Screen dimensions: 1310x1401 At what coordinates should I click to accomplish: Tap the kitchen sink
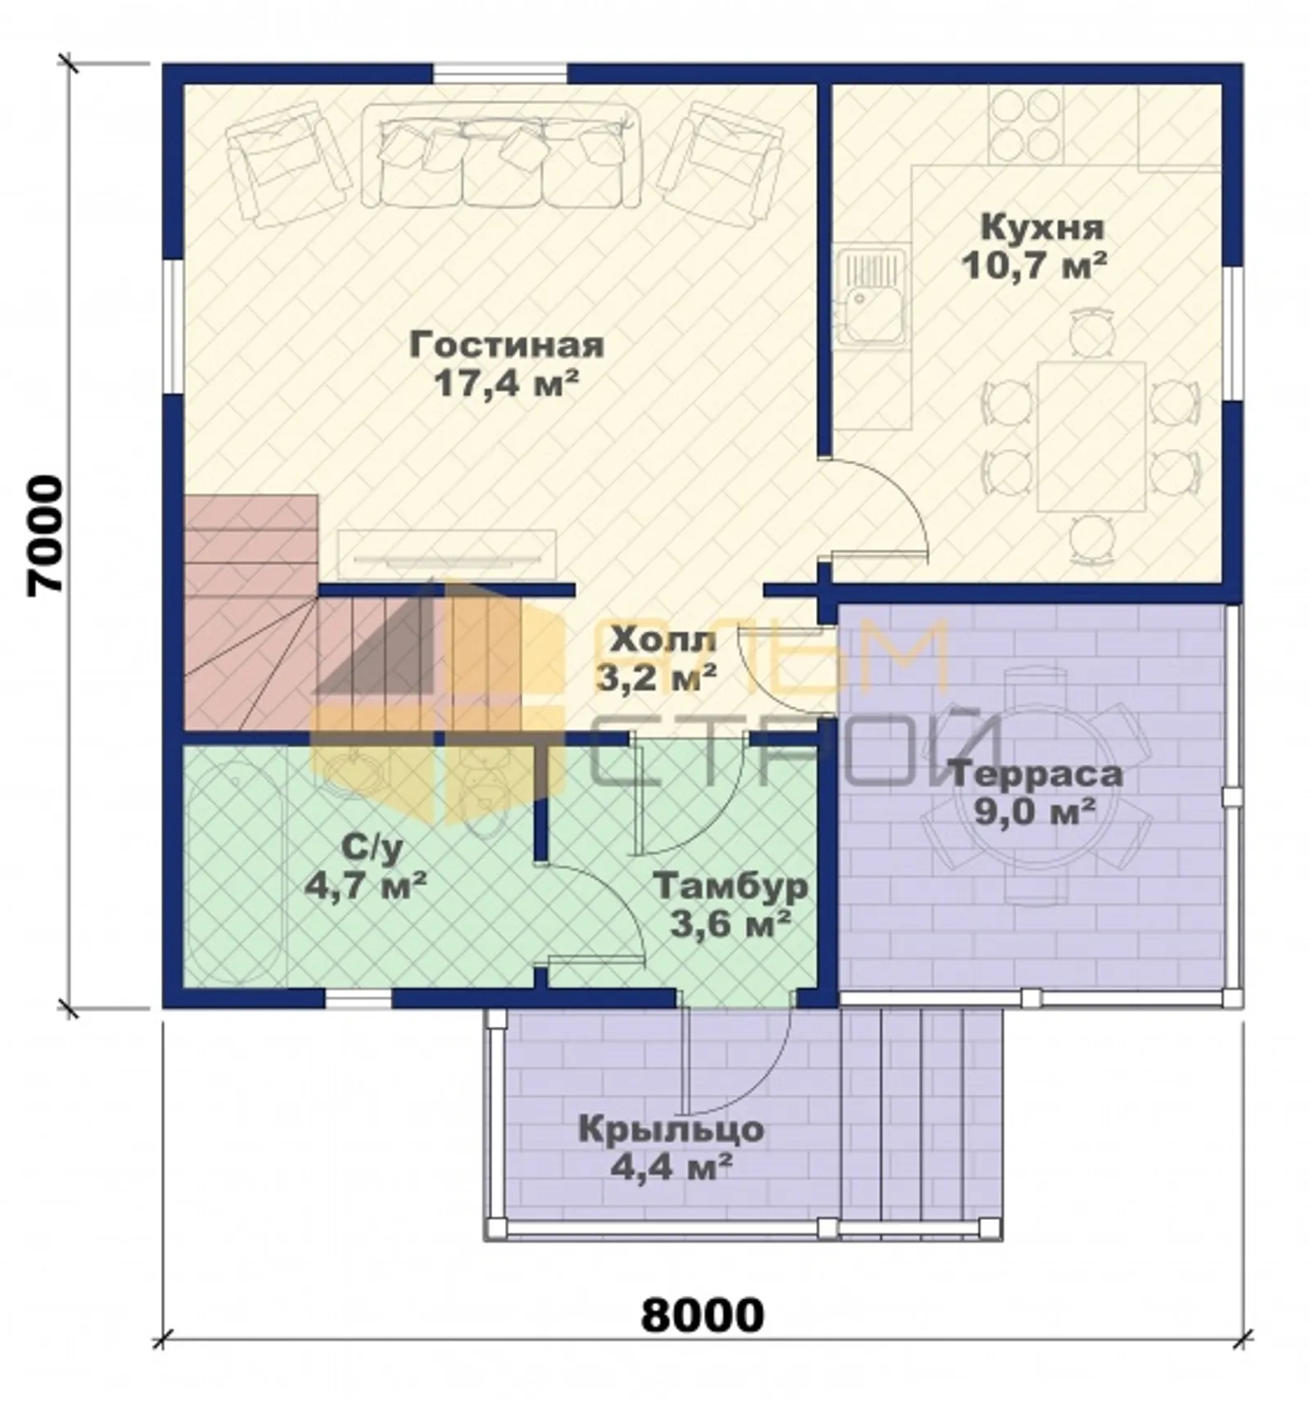point(872,298)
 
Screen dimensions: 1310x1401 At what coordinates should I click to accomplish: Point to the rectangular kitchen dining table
point(1091,436)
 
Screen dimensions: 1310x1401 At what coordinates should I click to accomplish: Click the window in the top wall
point(499,73)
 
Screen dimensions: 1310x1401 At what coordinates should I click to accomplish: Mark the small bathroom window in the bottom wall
point(359,998)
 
